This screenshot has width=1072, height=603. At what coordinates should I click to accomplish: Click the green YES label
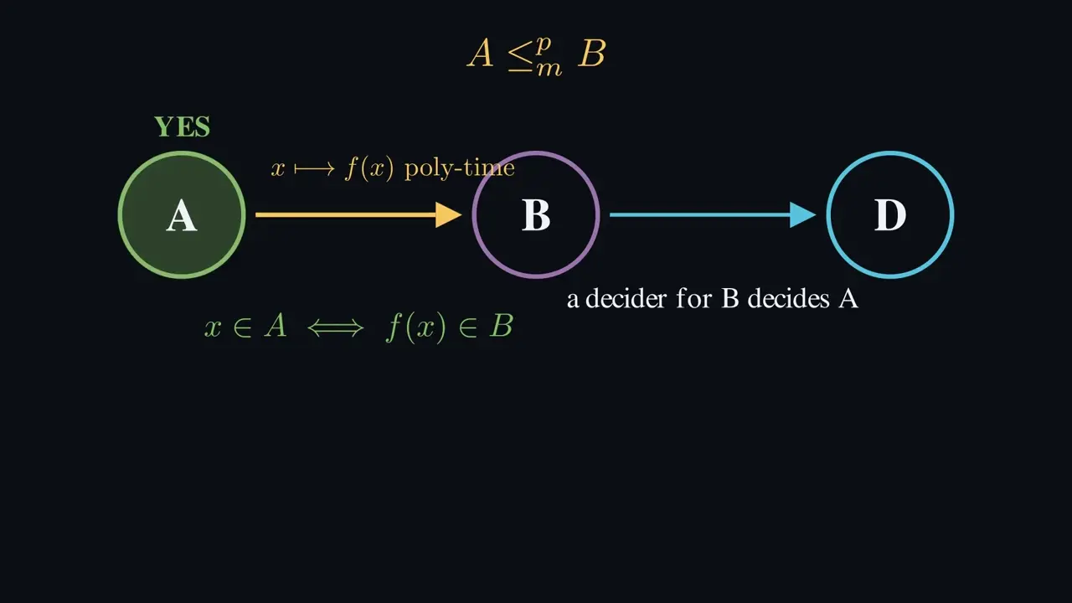[182, 126]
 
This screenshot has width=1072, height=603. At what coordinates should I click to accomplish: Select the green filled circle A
[182, 214]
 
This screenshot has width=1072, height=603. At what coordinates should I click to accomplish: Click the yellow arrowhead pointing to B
[448, 215]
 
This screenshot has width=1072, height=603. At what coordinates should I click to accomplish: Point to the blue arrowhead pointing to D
[802, 215]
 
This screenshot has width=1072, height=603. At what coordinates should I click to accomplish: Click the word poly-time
[460, 169]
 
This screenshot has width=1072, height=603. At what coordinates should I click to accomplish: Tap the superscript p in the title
[544, 45]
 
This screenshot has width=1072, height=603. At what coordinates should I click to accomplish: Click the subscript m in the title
[549, 70]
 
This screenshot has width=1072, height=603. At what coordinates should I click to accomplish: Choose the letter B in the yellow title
[592, 53]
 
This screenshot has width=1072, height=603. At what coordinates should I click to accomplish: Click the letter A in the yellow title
[481, 53]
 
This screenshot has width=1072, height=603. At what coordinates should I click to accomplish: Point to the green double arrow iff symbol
[336, 328]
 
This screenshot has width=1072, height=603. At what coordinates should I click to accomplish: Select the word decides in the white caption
[788, 299]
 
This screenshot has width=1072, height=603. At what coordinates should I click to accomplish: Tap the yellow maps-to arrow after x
[314, 169]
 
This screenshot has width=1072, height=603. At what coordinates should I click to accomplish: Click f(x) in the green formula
[416, 327]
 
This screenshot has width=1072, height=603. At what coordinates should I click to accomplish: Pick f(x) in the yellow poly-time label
[369, 169]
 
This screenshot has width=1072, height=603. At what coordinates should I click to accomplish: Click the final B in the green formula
[502, 327]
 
